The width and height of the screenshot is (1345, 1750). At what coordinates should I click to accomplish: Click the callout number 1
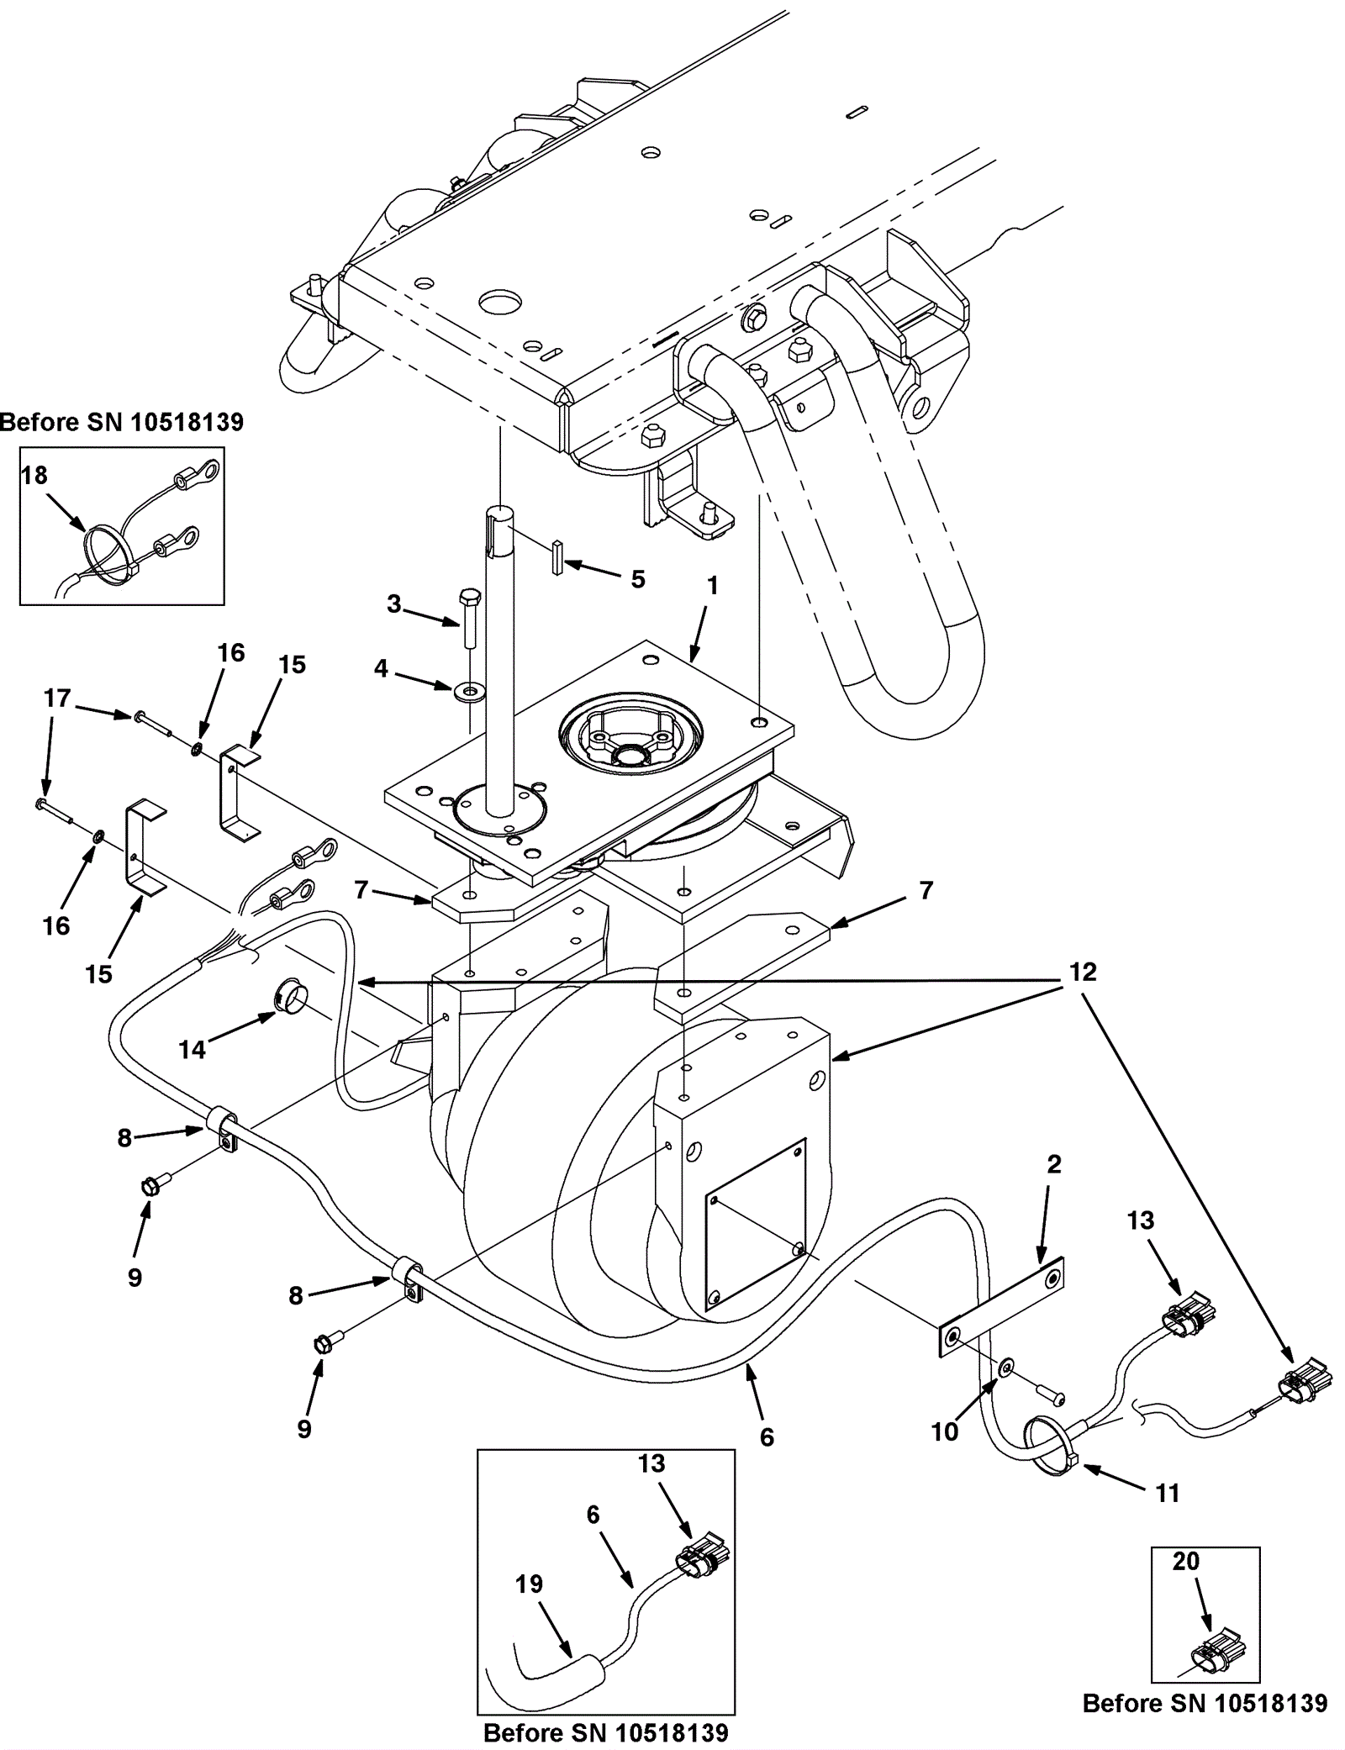click(x=712, y=586)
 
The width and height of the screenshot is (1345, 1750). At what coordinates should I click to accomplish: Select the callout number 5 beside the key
click(x=638, y=579)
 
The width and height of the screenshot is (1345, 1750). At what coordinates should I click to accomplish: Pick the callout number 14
click(x=193, y=1050)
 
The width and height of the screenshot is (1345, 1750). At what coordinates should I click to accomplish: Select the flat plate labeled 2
click(x=1001, y=1306)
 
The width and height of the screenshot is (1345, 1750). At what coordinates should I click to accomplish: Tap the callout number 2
click(x=1053, y=1164)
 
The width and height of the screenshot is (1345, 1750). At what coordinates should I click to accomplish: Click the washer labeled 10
click(x=1005, y=1368)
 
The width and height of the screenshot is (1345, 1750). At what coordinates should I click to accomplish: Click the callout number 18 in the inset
click(x=34, y=476)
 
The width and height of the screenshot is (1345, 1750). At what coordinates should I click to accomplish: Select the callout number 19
click(x=530, y=1584)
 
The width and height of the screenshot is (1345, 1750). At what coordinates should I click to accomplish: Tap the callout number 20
click(x=1185, y=1561)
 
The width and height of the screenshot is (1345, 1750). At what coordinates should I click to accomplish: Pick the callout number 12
click(x=1083, y=972)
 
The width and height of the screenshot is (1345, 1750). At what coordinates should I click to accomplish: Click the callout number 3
click(x=394, y=604)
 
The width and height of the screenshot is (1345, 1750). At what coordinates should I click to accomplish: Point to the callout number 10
click(x=945, y=1432)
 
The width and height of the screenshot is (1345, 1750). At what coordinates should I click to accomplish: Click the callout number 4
click(x=381, y=668)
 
